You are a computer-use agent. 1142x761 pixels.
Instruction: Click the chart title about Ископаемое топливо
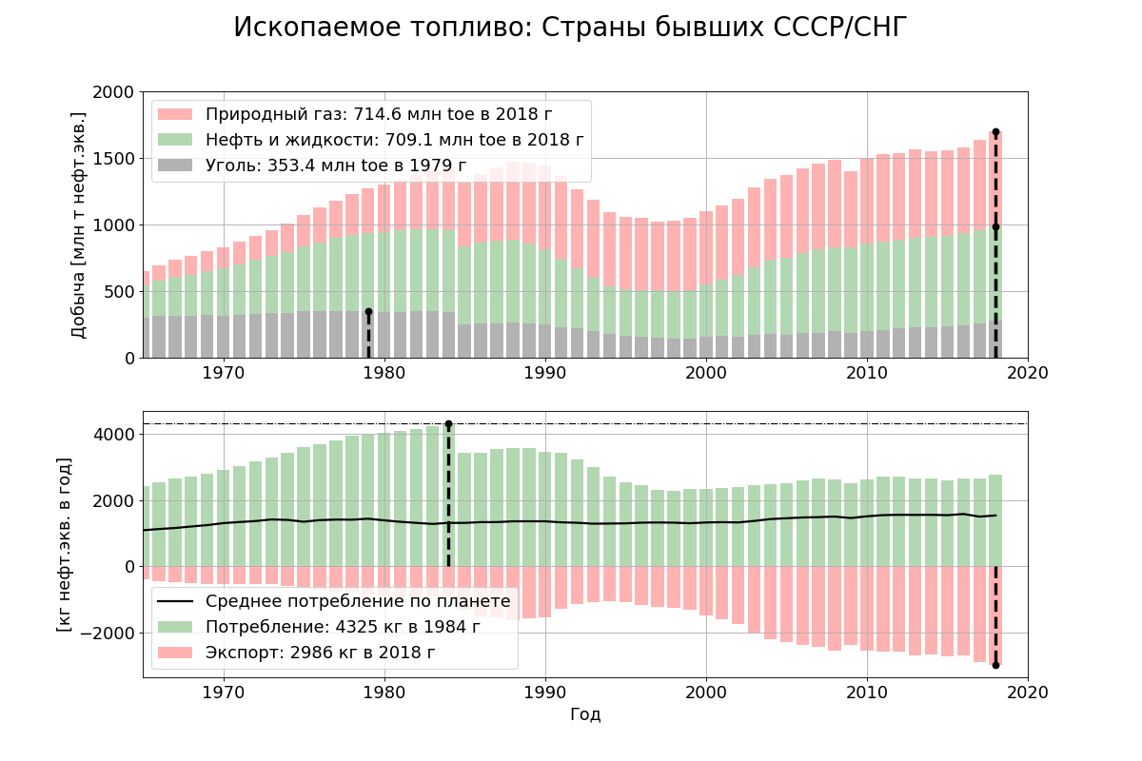[570, 29]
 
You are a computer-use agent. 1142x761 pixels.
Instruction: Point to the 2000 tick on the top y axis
[114, 92]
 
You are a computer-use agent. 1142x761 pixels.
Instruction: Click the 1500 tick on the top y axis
[114, 159]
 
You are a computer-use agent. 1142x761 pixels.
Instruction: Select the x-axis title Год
[585, 714]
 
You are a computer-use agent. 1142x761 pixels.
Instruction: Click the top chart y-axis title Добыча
[79, 224]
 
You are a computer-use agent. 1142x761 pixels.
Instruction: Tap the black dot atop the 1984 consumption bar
[448, 423]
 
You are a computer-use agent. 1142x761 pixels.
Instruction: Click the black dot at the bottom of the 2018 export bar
[995, 665]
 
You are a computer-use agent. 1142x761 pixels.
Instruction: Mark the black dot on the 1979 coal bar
[368, 311]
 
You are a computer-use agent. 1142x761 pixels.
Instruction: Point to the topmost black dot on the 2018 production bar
[995, 132]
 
